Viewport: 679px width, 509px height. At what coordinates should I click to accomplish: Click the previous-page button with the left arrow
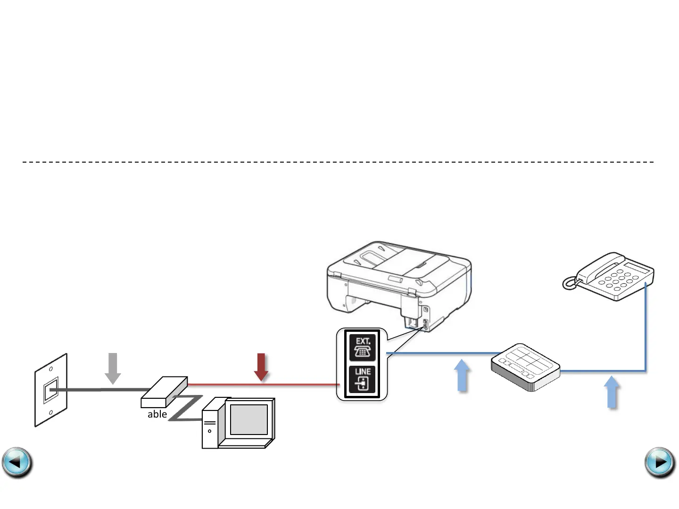17,462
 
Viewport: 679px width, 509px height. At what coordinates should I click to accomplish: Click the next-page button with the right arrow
660,462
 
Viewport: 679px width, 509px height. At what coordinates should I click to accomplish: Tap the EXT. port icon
362,348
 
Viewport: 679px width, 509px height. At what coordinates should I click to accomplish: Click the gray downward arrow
113,368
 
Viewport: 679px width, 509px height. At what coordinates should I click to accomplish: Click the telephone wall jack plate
51,390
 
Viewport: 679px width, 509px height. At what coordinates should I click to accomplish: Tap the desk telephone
613,278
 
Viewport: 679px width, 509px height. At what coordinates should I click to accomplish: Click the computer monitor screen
248,419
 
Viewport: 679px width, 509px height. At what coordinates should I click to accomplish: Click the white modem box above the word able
164,392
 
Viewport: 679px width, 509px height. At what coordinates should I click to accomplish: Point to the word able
157,414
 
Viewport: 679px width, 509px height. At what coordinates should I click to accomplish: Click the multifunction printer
398,283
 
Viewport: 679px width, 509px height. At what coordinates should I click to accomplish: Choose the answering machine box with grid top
525,367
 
